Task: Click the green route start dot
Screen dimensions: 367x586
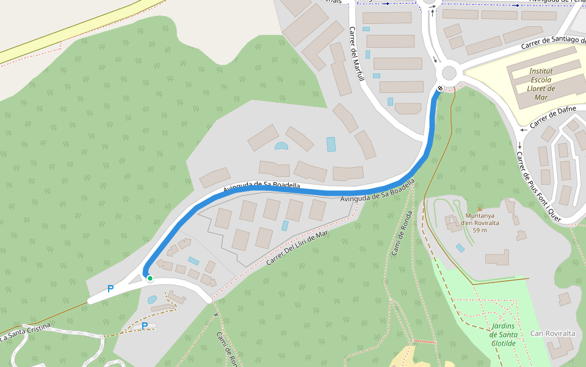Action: point(150,278)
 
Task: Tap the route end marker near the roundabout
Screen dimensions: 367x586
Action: point(440,88)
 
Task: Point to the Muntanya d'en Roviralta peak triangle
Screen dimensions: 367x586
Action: point(479,209)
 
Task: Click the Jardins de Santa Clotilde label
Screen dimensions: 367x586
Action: point(503,335)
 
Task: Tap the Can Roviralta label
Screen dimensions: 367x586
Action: point(552,333)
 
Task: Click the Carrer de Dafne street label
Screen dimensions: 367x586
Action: point(553,117)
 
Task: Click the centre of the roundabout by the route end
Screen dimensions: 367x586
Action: point(449,73)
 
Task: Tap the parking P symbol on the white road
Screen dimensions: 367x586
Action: point(110,289)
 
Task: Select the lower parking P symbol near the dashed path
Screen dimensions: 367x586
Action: point(145,326)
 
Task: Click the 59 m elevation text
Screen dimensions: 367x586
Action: point(480,230)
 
